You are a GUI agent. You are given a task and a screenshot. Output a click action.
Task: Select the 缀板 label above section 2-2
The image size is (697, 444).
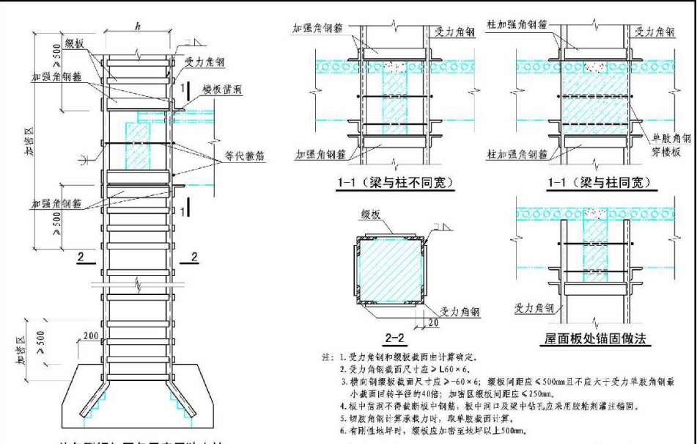[x=370, y=214]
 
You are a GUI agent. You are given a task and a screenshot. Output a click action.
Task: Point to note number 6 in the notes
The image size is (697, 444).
[x=342, y=430]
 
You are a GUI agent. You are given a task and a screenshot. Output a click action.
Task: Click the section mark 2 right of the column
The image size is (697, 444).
[x=193, y=256]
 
